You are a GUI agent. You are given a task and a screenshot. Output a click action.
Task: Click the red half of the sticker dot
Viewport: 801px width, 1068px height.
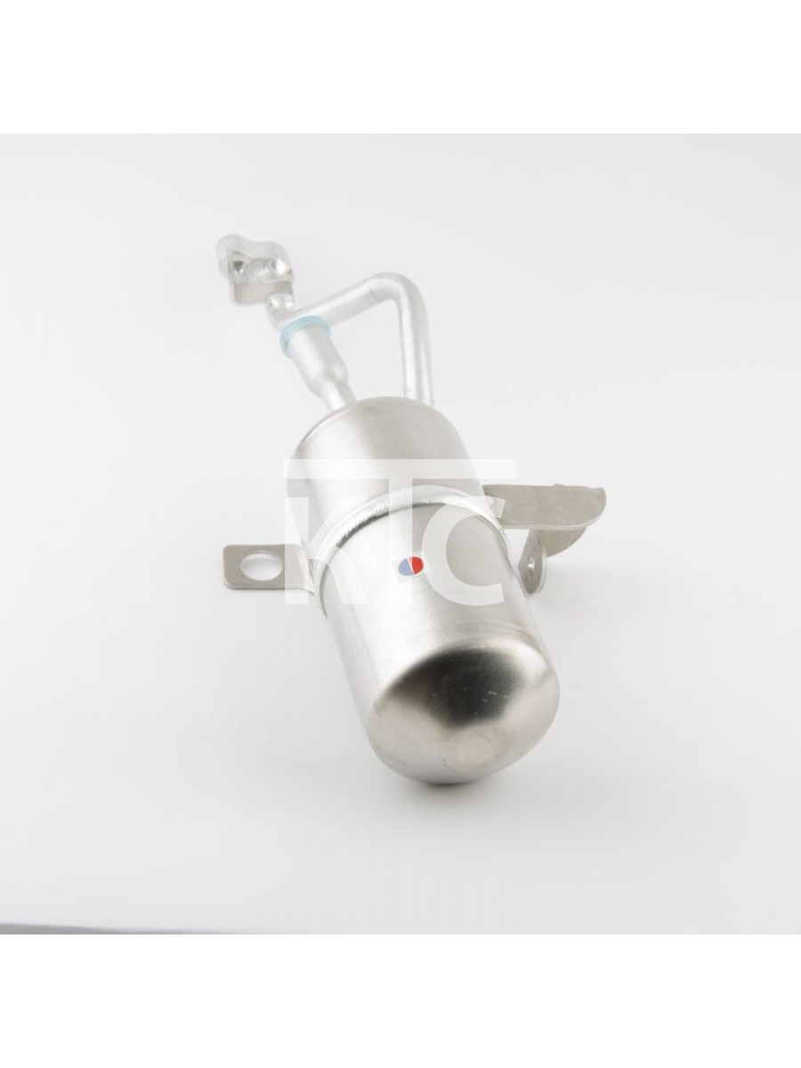(417, 564)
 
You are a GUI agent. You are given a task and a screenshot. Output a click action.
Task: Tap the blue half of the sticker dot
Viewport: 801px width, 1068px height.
(405, 565)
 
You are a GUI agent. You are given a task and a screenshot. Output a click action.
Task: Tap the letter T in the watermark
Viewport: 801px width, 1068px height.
(384, 530)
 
